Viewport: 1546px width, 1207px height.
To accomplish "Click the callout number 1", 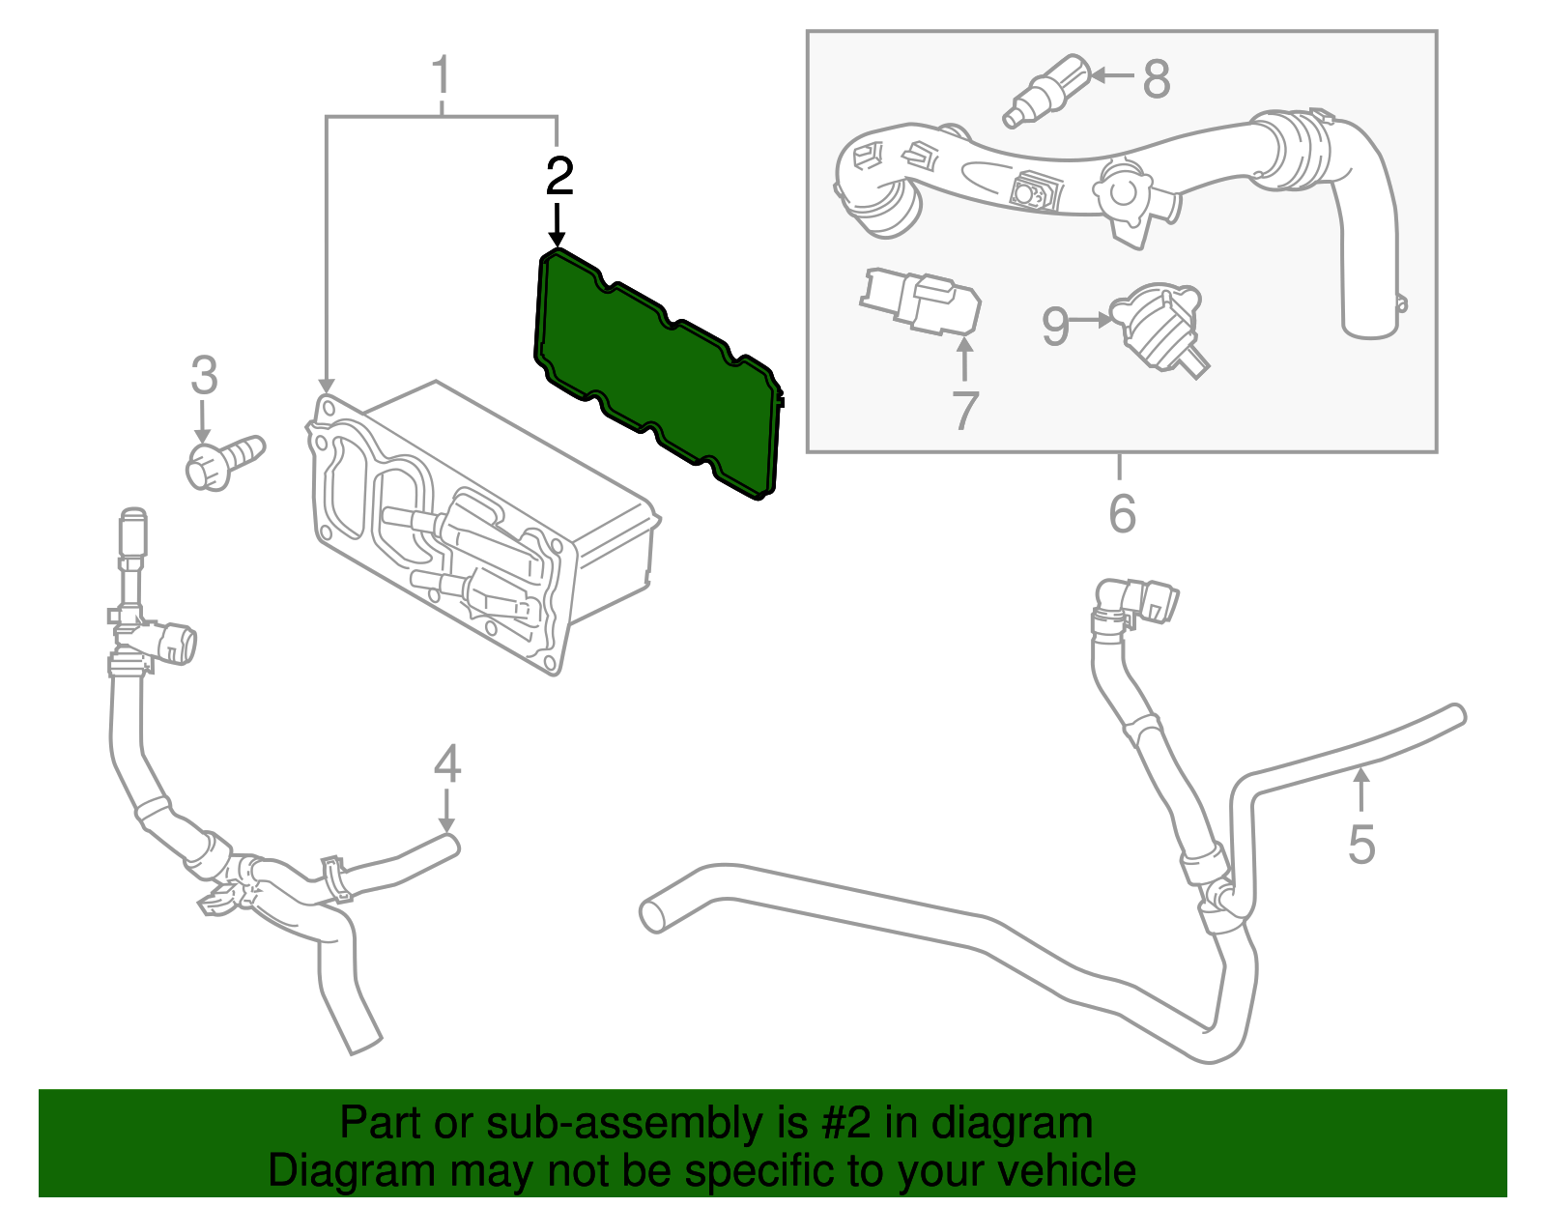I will (x=442, y=75).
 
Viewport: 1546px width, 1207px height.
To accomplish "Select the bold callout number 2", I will (x=559, y=177).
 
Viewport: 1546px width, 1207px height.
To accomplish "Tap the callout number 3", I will (x=204, y=376).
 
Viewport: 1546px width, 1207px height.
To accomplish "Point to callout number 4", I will (x=446, y=764).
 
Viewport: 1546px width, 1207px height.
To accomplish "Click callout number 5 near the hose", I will (x=1361, y=844).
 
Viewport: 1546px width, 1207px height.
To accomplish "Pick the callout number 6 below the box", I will (x=1122, y=513).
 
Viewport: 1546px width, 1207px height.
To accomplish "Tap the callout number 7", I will (x=965, y=411).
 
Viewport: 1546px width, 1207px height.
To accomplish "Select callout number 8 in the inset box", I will (x=1157, y=79).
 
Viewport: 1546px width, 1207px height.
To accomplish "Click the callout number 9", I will (x=1055, y=327).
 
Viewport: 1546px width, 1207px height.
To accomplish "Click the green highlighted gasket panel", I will (x=657, y=372).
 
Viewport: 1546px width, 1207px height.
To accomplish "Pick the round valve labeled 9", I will (x=1159, y=324).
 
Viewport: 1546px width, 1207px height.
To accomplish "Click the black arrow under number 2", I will (x=557, y=224).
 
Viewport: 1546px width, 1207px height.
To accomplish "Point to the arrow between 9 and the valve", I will (x=1092, y=320).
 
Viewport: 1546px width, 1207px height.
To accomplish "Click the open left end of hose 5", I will (x=653, y=914).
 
